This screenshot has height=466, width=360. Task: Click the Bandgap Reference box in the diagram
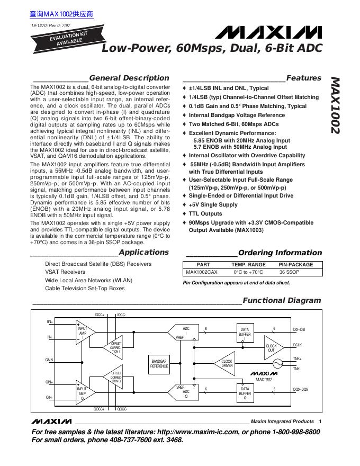point(159,363)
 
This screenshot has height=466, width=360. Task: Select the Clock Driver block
point(226,363)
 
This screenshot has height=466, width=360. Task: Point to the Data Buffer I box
point(245,334)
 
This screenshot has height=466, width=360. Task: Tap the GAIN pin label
point(49,360)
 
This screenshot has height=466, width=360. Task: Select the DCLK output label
point(297,345)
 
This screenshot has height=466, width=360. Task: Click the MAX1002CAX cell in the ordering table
point(201,272)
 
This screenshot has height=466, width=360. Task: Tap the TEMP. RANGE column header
point(248,265)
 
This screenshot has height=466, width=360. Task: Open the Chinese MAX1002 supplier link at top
point(61,14)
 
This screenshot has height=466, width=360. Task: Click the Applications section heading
point(143,252)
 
